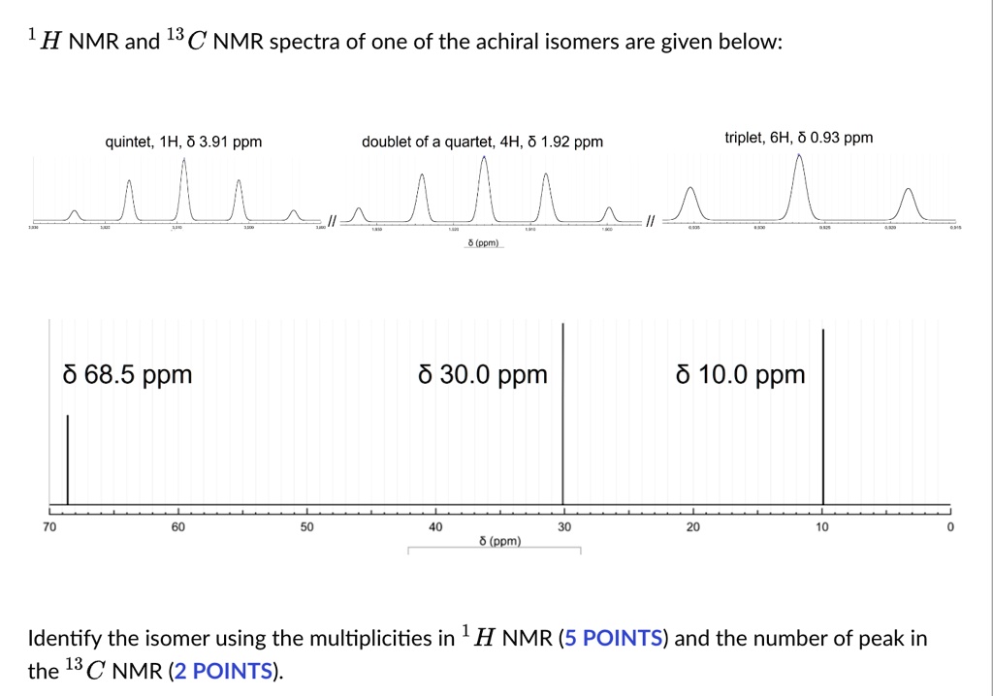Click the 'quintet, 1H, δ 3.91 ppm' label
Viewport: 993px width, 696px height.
[183, 142]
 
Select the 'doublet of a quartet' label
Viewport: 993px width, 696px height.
[482, 142]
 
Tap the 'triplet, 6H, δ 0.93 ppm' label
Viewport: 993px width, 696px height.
[798, 138]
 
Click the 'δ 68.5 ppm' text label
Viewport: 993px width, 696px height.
[127, 374]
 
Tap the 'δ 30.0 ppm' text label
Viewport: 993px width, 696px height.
[483, 374]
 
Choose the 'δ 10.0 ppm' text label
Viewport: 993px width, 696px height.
[741, 374]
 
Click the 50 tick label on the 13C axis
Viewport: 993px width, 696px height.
[306, 527]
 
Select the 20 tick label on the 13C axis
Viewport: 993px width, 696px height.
[692, 527]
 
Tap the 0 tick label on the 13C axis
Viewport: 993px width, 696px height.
[950, 527]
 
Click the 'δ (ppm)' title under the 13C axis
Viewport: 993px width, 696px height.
[500, 541]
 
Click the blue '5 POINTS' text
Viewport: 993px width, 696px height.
[615, 638]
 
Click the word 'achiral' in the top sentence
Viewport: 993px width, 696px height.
[509, 42]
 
